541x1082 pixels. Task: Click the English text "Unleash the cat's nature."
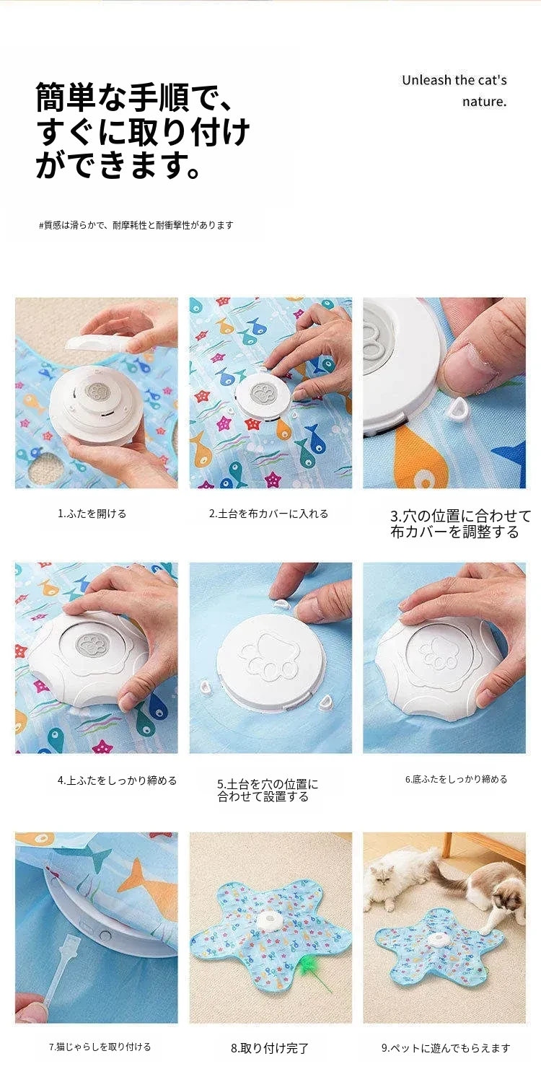[x=454, y=91]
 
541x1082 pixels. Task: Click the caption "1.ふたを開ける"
[x=92, y=514]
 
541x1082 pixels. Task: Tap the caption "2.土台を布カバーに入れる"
[x=268, y=514]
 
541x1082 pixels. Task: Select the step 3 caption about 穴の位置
[x=460, y=524]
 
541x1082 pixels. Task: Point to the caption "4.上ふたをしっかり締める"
[x=118, y=780]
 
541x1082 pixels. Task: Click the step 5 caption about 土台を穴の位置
[x=268, y=791]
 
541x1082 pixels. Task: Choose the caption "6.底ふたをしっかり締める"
[x=456, y=779]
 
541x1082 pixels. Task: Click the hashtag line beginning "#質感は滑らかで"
[x=136, y=225]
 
